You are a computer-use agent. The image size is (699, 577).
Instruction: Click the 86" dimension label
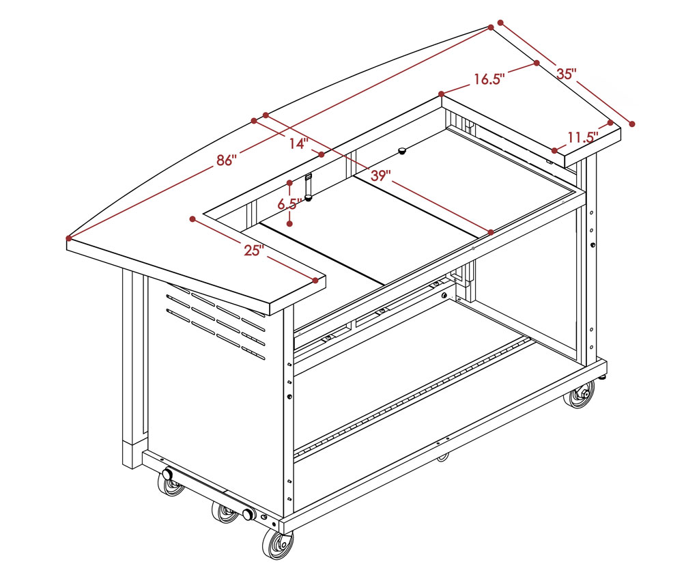coord(226,160)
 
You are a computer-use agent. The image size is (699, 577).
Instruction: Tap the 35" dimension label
coord(567,74)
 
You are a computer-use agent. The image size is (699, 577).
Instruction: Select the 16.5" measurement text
coord(489,79)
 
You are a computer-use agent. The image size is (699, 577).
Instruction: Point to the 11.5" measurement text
coord(583,137)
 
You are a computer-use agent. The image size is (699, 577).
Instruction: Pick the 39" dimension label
coord(381,175)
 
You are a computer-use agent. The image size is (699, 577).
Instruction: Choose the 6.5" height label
coord(289,204)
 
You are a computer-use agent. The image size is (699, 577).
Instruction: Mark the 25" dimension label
coord(254,250)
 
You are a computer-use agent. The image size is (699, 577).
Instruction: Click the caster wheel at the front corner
coord(277,544)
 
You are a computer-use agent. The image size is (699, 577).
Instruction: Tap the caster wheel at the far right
coord(580,395)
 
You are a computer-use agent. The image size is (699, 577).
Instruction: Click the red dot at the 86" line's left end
coord(69,238)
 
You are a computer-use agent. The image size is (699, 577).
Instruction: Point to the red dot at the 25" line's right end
coord(315,281)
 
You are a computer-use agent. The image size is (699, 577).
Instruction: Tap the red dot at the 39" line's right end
coord(491,232)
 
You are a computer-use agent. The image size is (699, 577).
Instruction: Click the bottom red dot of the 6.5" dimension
coord(289,223)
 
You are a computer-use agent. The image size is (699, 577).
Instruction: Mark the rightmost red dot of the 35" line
coord(631,124)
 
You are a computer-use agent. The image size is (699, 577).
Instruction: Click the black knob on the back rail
coord(403,150)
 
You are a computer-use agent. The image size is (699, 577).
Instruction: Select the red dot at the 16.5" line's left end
coord(442,94)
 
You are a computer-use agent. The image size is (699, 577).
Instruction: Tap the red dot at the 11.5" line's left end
coord(554,151)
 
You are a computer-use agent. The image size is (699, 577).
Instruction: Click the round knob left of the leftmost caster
coord(168,474)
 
